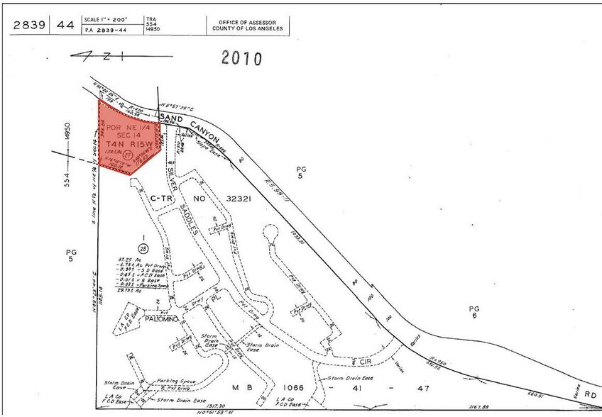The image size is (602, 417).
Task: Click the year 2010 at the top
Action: coord(241,58)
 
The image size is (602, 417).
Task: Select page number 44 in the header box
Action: coord(65,26)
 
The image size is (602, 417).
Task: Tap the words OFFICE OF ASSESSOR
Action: coord(248,21)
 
